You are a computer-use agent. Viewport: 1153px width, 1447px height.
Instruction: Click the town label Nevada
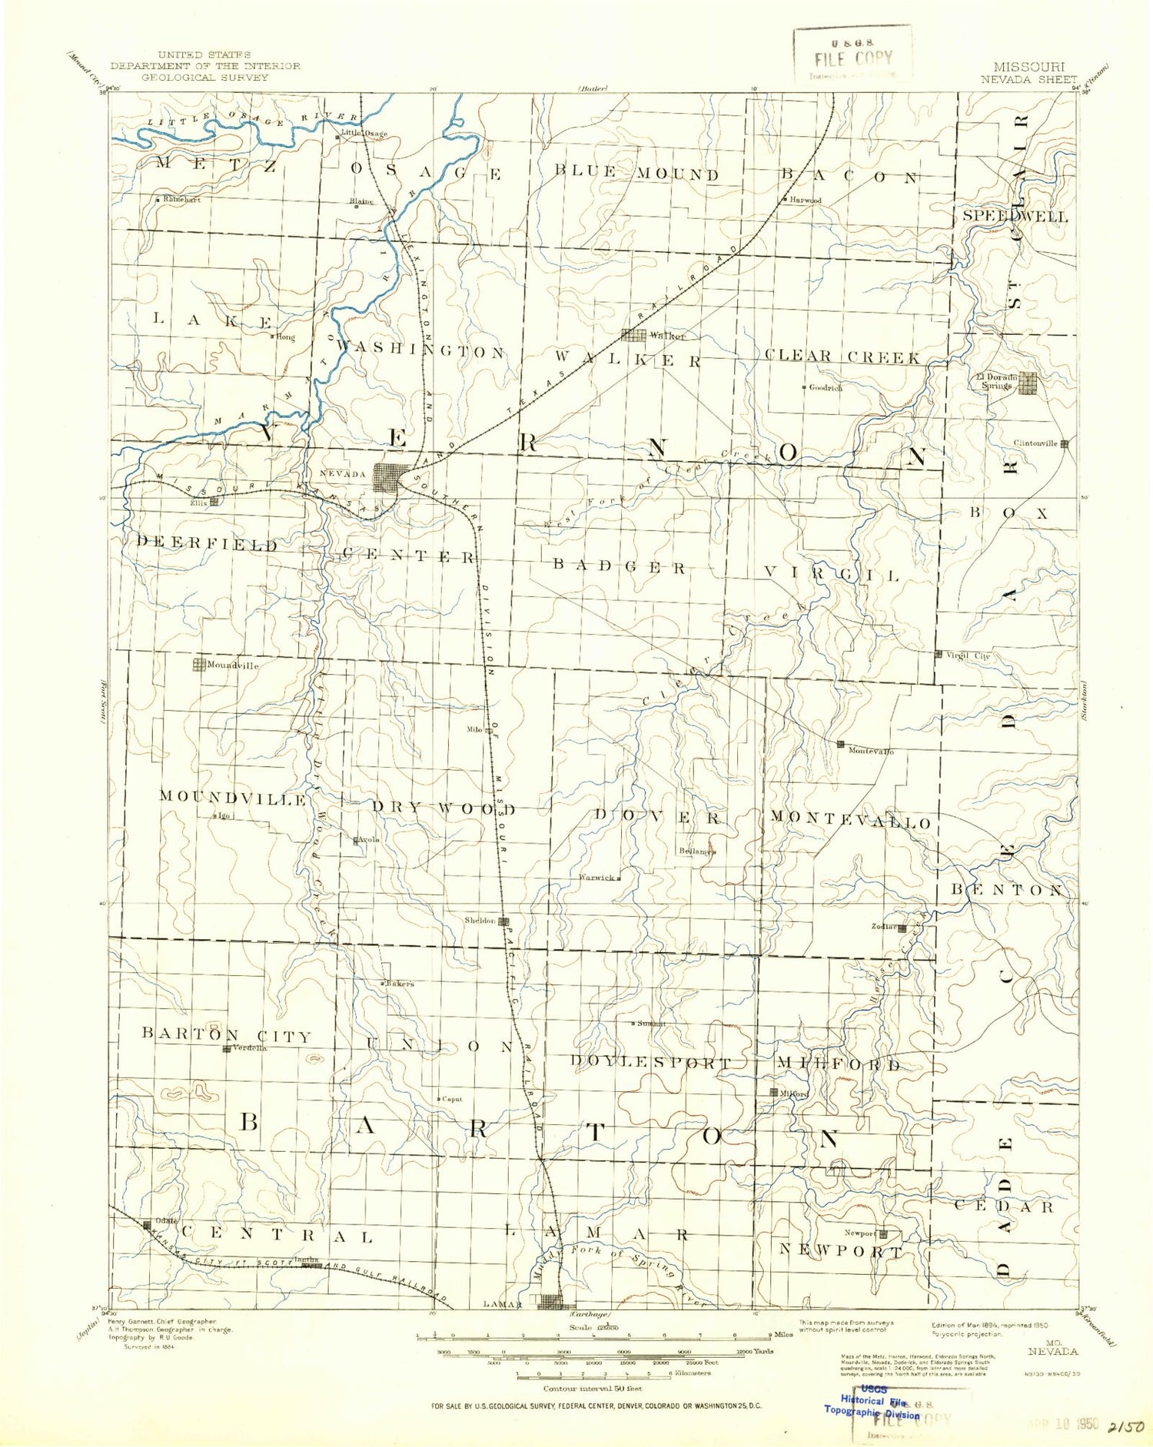(x=343, y=474)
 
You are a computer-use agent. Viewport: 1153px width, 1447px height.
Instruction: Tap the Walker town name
(x=666, y=336)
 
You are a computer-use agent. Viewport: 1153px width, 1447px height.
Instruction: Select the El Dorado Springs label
(x=997, y=381)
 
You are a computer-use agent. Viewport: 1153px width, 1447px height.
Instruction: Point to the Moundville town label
(x=232, y=665)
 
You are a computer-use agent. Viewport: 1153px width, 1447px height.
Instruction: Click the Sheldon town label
(x=480, y=921)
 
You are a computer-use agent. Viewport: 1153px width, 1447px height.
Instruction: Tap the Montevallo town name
(x=870, y=751)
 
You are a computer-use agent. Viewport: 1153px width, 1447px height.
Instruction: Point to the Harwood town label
(x=805, y=201)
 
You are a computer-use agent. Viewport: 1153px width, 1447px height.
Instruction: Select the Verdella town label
(x=249, y=1048)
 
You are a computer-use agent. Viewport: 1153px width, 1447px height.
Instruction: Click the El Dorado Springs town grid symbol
(x=1028, y=383)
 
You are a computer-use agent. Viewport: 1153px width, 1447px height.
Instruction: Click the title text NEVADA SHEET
(x=1028, y=79)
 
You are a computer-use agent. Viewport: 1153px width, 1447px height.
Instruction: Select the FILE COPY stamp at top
(x=852, y=58)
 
